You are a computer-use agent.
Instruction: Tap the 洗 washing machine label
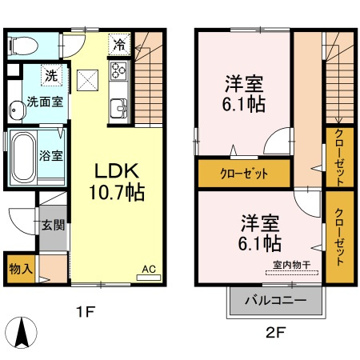coord(50,77)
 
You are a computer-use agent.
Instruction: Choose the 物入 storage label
coord(19,268)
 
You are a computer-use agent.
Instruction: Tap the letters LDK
coord(118,172)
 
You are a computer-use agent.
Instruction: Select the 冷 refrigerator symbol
coord(119,45)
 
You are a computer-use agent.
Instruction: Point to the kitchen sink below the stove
coord(118,106)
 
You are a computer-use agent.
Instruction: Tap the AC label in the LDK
coord(148,270)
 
